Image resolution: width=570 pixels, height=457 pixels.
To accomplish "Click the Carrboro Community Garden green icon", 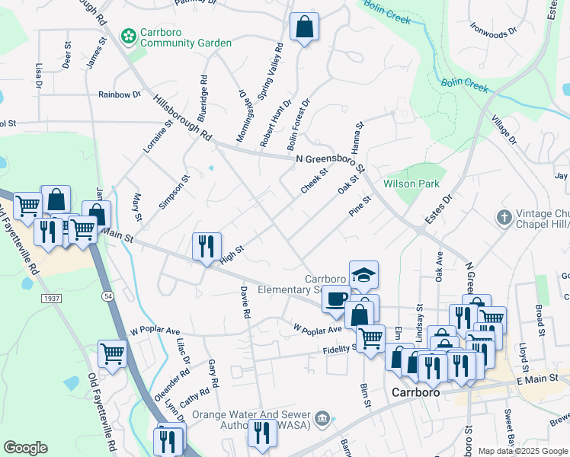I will [127, 35].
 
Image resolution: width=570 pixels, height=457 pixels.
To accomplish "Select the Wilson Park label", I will [411, 184].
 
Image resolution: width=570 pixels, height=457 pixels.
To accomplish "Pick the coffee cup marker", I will [335, 299].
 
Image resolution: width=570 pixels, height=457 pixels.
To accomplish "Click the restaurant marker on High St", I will [207, 247].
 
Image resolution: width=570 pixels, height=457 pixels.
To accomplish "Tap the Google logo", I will [25, 448].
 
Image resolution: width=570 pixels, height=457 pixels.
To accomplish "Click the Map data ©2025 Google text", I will [522, 451].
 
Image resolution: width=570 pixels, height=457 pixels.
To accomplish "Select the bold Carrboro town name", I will [418, 393].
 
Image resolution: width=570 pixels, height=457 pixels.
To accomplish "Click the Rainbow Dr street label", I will [120, 95].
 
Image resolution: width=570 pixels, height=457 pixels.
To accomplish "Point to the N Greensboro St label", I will [329, 158].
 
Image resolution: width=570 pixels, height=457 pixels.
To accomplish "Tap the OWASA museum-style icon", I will [323, 417].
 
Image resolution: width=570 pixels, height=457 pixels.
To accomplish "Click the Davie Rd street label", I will [245, 302].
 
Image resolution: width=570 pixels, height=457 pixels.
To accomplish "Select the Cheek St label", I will [313, 181].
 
